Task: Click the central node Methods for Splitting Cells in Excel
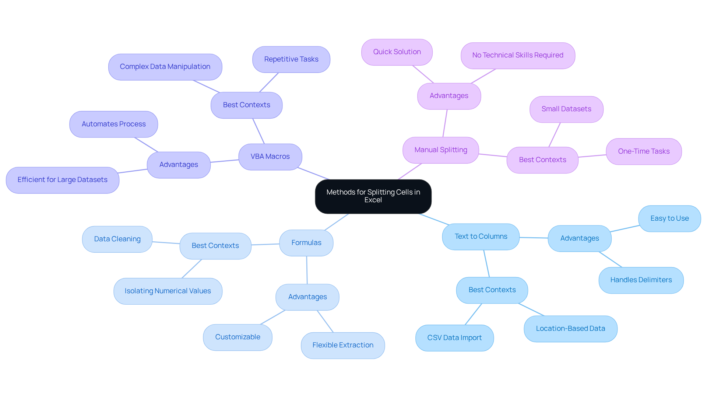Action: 373,196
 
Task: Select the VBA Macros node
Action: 270,157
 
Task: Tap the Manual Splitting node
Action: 440,150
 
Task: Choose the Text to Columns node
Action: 481,237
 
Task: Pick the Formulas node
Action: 306,243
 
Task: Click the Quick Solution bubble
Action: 397,52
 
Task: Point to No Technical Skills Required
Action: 517,55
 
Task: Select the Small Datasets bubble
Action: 566,109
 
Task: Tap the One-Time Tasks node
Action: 643,151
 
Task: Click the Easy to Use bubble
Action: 669,218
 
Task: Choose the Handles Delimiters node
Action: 641,280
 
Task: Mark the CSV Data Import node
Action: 454,338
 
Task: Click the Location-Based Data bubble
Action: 570,329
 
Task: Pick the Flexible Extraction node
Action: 342,345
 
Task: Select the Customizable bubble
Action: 238,337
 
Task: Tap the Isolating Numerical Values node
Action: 168,291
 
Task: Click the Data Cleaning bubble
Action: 117,239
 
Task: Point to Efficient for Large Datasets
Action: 62,180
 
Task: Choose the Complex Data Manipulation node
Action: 165,67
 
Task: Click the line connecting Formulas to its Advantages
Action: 307,270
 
